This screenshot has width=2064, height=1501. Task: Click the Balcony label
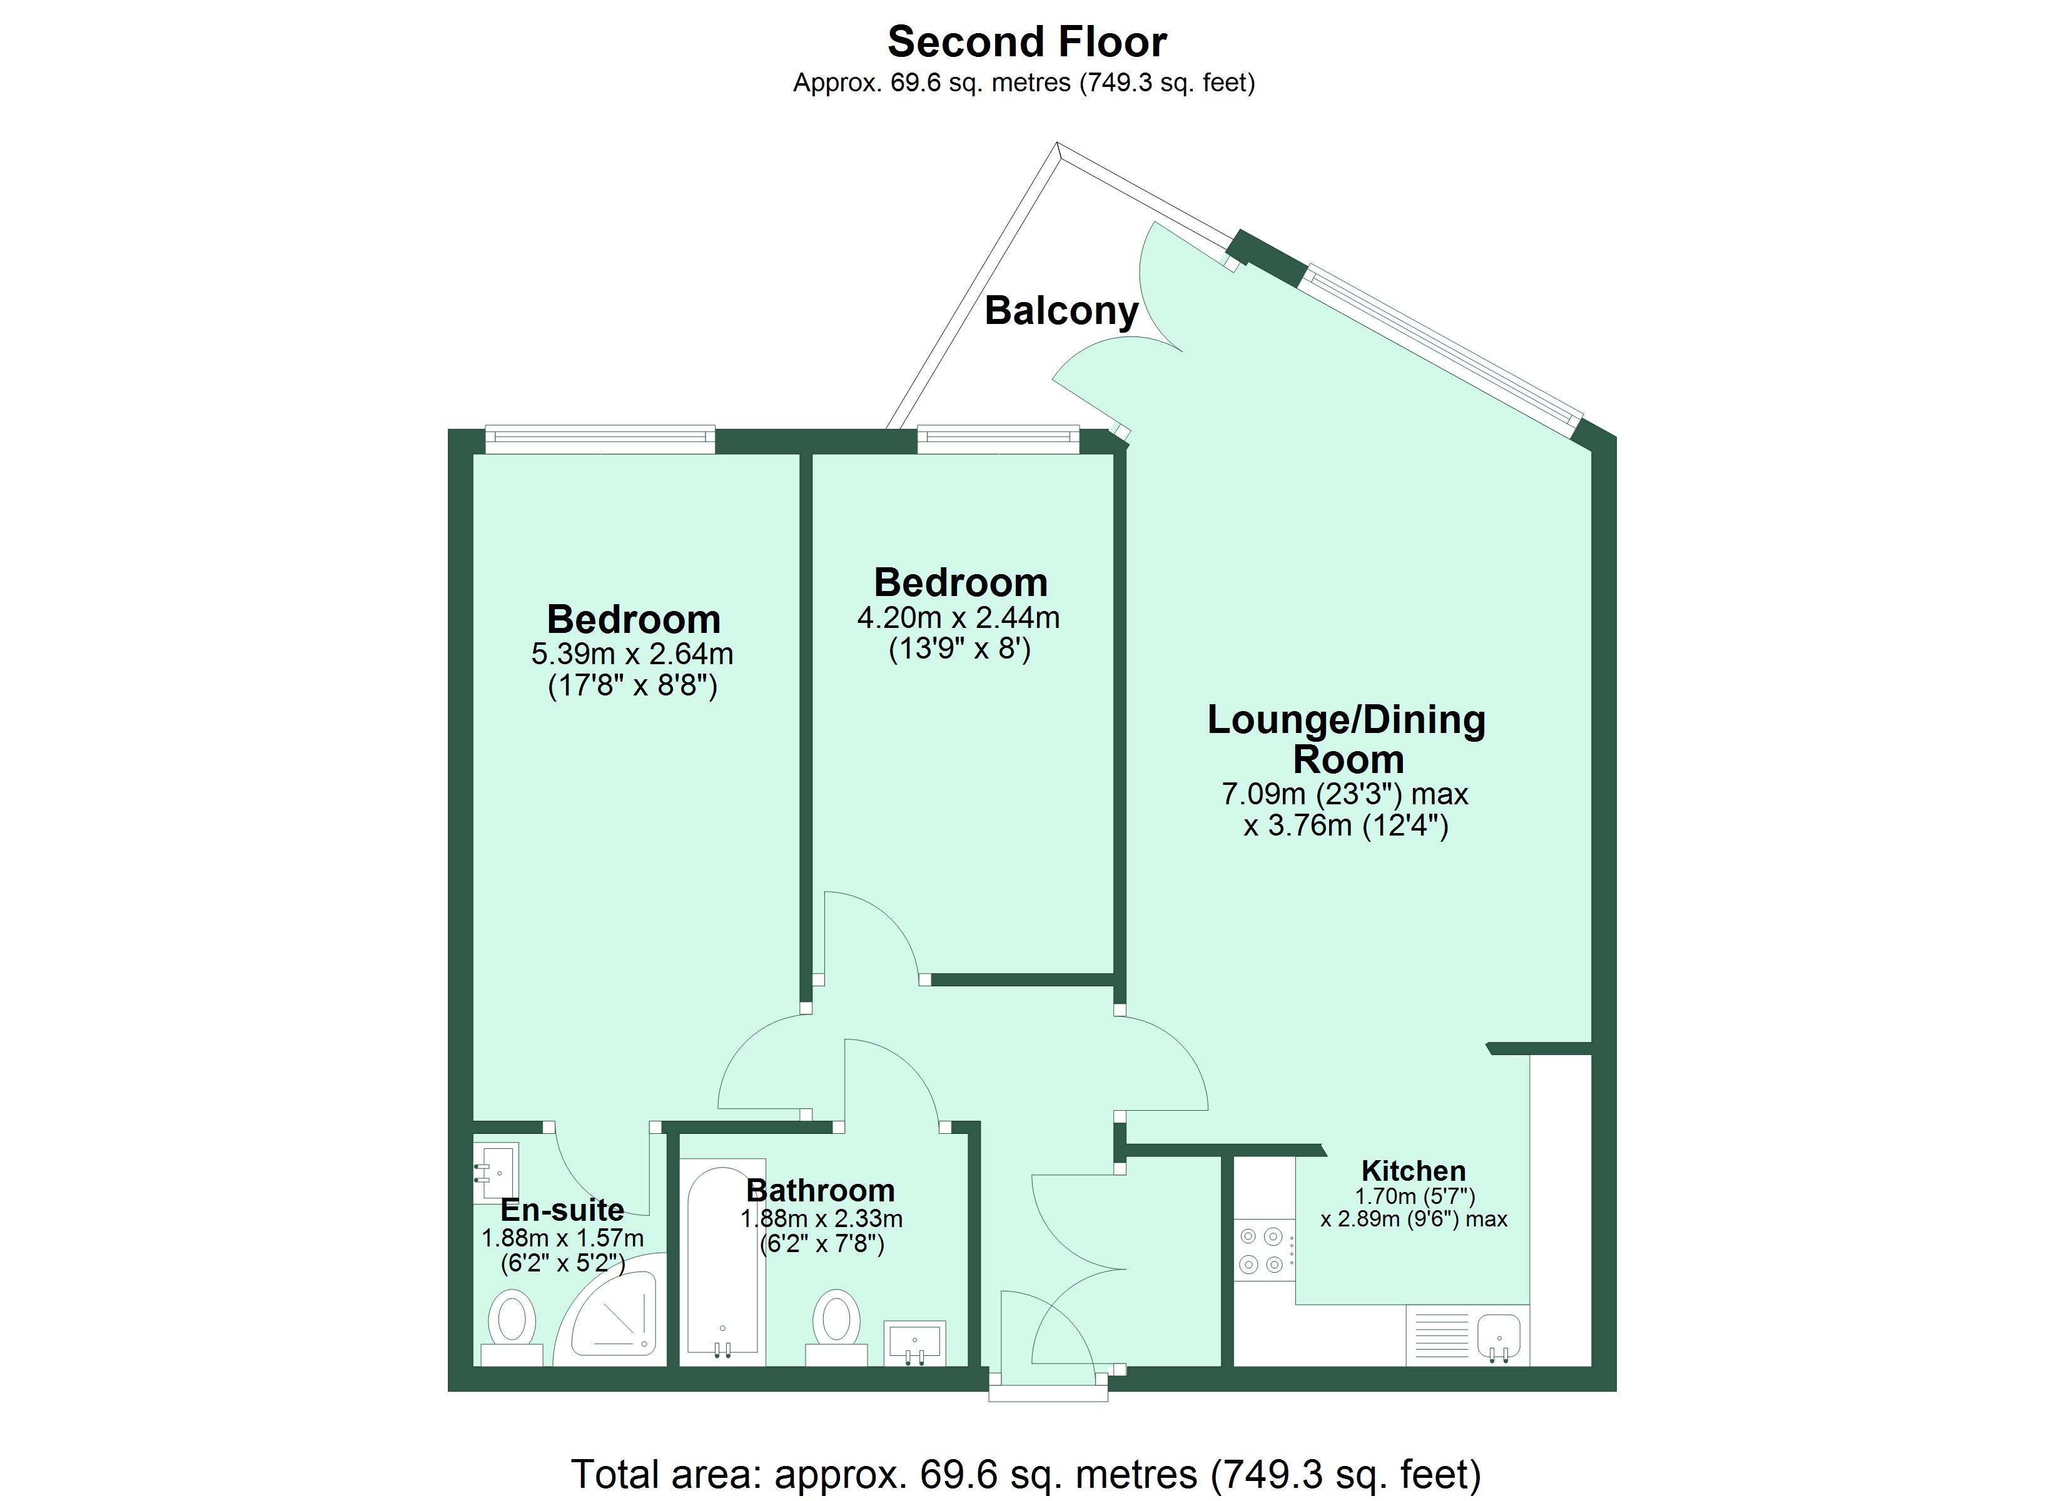1061,311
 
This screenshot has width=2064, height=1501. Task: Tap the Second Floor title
1026,42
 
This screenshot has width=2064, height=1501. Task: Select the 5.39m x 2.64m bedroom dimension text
632,654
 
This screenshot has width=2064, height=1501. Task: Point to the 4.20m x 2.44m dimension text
958,618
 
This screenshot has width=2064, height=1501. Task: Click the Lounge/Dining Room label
1346,739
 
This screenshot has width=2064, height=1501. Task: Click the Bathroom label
820,1191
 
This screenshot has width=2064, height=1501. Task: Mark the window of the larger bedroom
600,440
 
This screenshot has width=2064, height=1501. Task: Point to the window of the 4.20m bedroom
998,440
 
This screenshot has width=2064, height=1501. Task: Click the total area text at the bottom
1026,1473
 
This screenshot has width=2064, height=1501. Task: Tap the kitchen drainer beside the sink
1439,1335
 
